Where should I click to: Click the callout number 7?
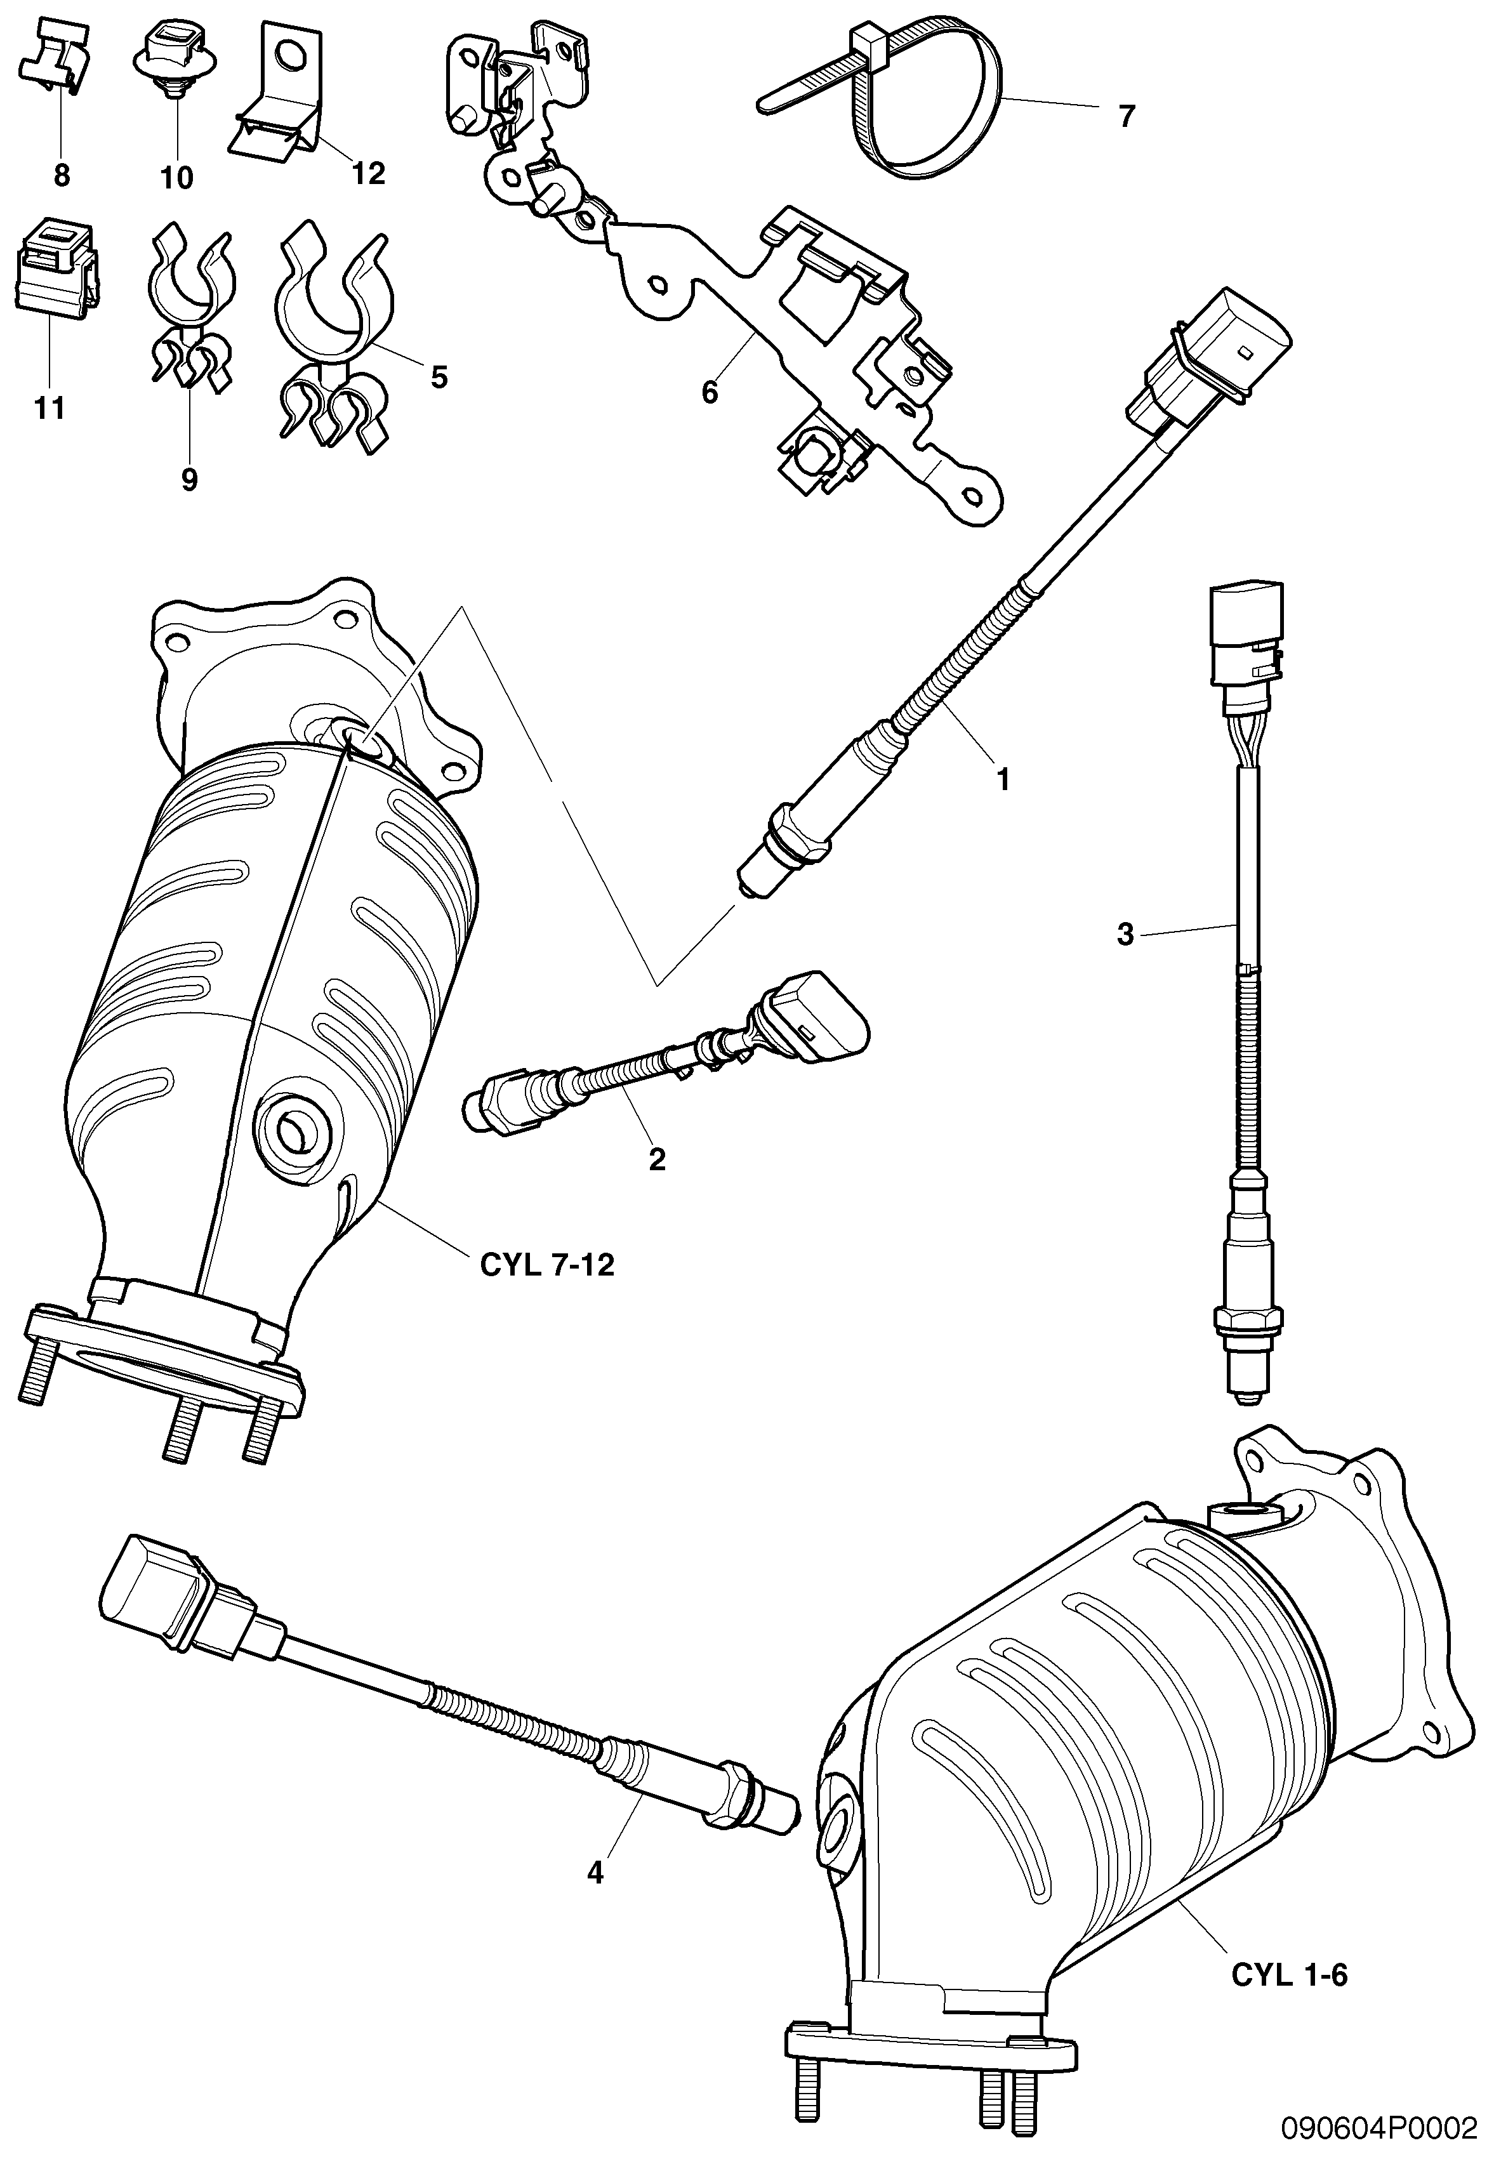[x=1126, y=117]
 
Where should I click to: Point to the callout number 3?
[x=1125, y=934]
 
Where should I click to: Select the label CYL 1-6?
[x=1288, y=1975]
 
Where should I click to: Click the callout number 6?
[x=710, y=393]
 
